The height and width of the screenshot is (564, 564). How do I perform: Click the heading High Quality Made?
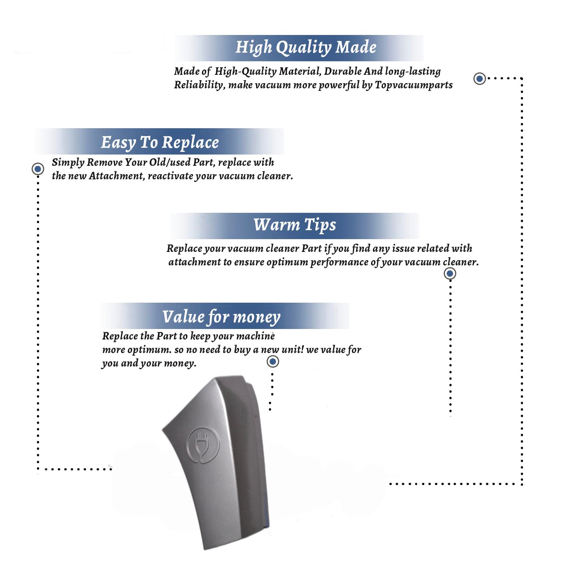pos(306,48)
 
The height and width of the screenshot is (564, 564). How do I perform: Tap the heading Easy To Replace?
pos(160,143)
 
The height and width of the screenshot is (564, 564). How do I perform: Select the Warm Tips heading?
pos(294,225)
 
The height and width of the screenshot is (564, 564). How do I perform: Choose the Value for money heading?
pos(221,317)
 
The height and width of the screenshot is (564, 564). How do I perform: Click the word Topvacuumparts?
pos(414,85)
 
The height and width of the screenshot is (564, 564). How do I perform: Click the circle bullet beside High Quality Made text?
pos(479,79)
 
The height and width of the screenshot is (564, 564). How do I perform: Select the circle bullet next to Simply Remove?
pos(38,169)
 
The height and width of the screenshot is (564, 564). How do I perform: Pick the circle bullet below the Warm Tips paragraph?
pos(450,273)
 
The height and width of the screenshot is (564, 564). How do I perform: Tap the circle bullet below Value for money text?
pos(273,362)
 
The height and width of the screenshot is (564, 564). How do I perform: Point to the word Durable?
pos(343,71)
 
